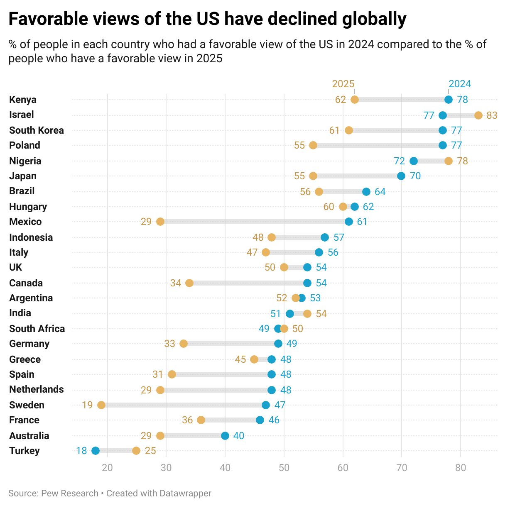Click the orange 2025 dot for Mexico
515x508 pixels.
[160, 222]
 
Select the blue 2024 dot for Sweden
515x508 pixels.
[266, 405]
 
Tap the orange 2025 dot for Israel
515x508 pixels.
[478, 115]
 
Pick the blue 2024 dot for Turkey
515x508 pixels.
[96, 451]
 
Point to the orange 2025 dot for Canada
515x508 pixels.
[189, 283]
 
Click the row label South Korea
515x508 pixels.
[37, 130]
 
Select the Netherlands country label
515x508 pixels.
[37, 389]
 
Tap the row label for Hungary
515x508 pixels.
[28, 207]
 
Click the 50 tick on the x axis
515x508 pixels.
[284, 468]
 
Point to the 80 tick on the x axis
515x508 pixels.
[461, 468]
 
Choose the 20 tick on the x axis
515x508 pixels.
[108, 468]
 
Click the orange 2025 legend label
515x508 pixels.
[343, 84]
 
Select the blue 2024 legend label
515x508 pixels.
[460, 84]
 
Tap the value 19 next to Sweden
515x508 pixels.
[87, 405]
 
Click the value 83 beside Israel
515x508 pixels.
[492, 115]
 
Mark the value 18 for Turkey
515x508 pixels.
[81, 451]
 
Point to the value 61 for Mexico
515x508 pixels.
[362, 222]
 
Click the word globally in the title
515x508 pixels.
[374, 19]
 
